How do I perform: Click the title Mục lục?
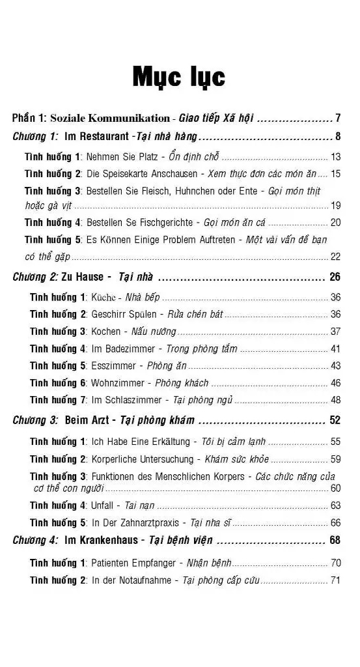click(x=179, y=77)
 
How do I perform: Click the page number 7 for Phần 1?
click(x=338, y=119)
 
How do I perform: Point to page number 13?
click(x=335, y=157)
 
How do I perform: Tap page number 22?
click(x=335, y=257)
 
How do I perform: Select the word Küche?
click(x=103, y=298)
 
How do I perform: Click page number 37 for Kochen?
click(x=335, y=332)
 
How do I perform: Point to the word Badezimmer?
click(x=130, y=348)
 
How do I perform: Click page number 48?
click(x=335, y=400)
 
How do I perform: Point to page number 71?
click(x=335, y=580)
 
